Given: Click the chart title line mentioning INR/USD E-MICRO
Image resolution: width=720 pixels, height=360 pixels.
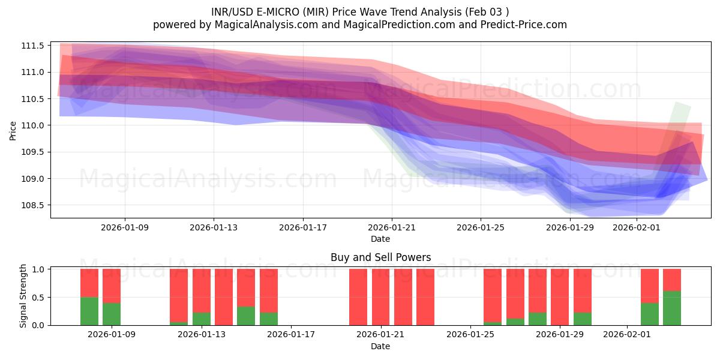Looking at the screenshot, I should point(360,12).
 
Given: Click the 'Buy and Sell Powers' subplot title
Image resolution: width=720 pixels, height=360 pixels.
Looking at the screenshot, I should point(380,257).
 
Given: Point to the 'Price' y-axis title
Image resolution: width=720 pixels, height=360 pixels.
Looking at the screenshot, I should point(13,130).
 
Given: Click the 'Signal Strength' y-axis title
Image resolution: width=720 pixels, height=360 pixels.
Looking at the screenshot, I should point(23,296).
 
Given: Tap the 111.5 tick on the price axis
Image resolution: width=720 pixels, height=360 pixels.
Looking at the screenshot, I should point(34,46).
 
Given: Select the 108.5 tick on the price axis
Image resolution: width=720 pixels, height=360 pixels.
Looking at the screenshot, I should point(34,205).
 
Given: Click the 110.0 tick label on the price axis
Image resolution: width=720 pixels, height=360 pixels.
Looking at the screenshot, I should point(34,125).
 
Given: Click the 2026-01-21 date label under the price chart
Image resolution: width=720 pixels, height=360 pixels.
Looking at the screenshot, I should point(391,228).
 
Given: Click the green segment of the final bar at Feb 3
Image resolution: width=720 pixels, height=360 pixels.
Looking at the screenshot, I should point(672,308).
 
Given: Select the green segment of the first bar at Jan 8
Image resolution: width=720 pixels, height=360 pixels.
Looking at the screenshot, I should point(89,311).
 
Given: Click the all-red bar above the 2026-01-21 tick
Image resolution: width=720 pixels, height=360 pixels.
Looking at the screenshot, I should point(380,297).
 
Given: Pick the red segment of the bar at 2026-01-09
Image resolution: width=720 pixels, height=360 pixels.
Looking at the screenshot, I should point(112,286).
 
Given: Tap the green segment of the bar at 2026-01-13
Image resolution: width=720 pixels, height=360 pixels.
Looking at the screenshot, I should point(202,319).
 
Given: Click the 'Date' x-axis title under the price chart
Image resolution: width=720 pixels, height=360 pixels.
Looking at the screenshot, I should point(380,239).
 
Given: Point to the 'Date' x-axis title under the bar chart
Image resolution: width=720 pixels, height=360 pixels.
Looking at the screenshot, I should point(380,346).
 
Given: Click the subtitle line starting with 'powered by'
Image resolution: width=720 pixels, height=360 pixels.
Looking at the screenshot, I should point(360,25).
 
